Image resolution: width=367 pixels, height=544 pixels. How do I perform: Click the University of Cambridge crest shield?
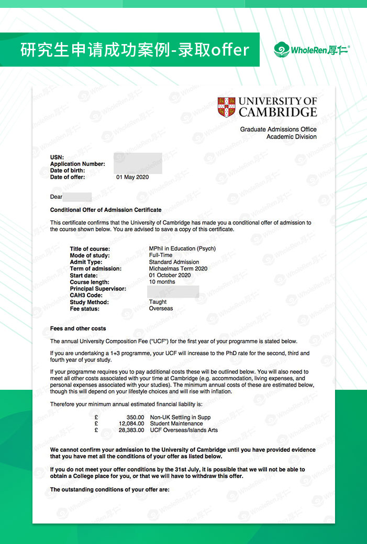point(226,107)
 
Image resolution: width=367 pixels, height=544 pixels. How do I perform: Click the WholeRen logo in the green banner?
point(312,50)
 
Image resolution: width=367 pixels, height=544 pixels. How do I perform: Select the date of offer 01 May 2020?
point(132,177)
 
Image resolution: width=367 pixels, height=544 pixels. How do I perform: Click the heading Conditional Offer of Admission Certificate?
point(106,210)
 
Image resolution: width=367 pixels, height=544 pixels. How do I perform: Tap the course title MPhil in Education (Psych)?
point(182,249)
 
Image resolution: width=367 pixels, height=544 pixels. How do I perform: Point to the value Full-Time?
point(161,255)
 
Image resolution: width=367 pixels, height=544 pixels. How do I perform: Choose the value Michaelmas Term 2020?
point(178,269)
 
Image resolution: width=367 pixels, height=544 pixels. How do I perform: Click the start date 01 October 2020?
point(170,275)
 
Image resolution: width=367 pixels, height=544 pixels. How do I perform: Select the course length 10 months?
point(162,282)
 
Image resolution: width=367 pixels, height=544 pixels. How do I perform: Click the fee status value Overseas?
point(161,309)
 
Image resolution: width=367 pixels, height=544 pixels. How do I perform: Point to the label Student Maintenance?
point(176,424)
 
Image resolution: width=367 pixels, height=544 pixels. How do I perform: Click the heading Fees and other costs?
point(78,329)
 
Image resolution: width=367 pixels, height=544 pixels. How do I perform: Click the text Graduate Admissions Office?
point(279,130)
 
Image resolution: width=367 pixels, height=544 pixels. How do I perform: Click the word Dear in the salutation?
point(56,197)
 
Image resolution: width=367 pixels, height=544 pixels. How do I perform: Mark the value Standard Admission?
point(174,262)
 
